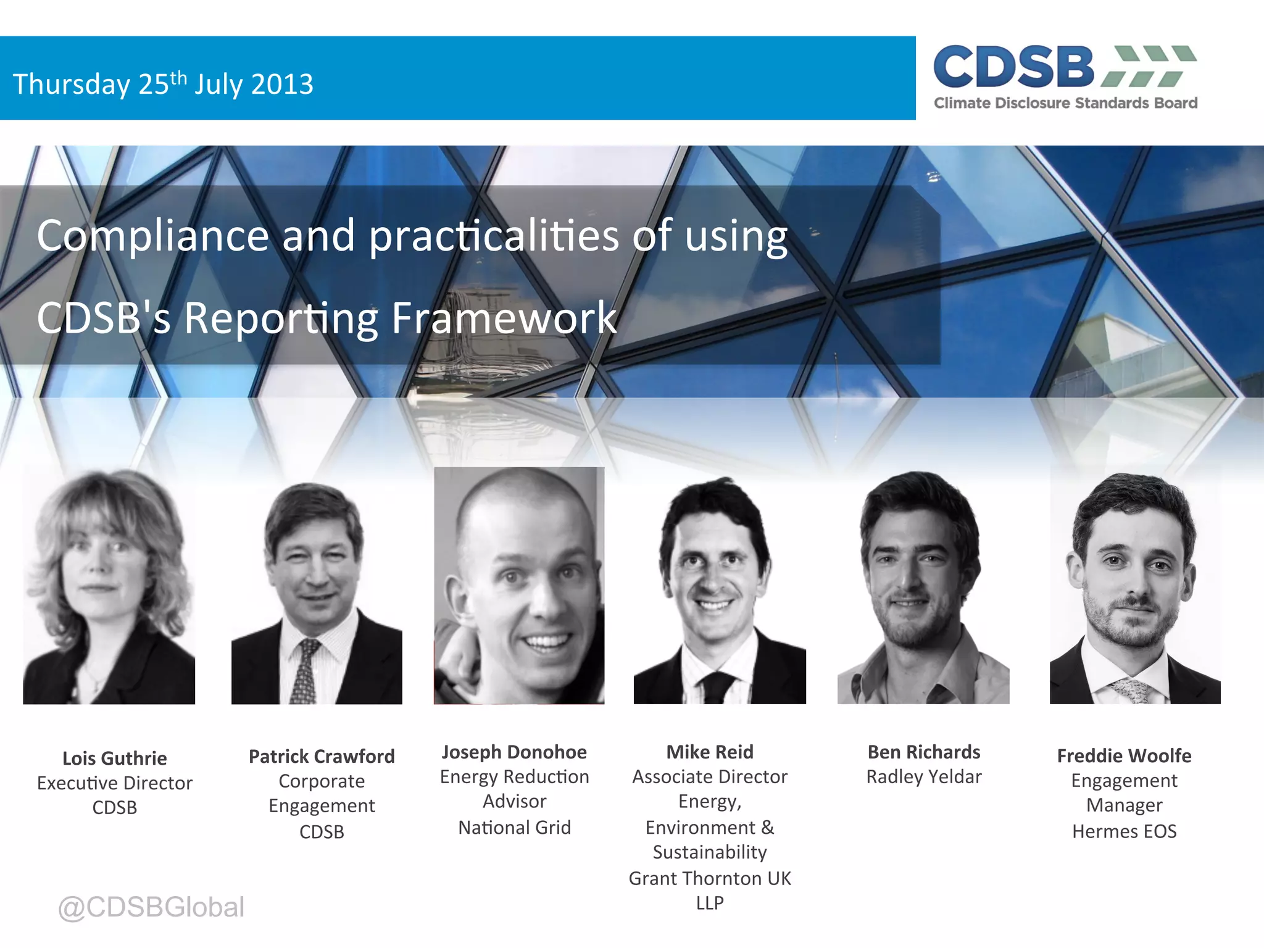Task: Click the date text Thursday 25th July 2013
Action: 163,84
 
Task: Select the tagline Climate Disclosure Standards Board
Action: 1065,103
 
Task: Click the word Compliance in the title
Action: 152,236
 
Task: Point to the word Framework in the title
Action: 504,318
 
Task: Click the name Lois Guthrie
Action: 115,759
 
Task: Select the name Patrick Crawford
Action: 322,757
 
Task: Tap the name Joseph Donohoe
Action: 514,752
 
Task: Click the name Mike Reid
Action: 710,752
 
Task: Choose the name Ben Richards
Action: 924,752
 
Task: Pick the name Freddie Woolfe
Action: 1124,756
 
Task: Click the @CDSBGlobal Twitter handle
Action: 151,907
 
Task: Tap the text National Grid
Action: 514,828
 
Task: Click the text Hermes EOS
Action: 1124,831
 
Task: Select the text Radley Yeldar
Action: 924,777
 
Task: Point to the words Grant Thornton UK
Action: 710,878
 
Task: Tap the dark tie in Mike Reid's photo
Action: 716,688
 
